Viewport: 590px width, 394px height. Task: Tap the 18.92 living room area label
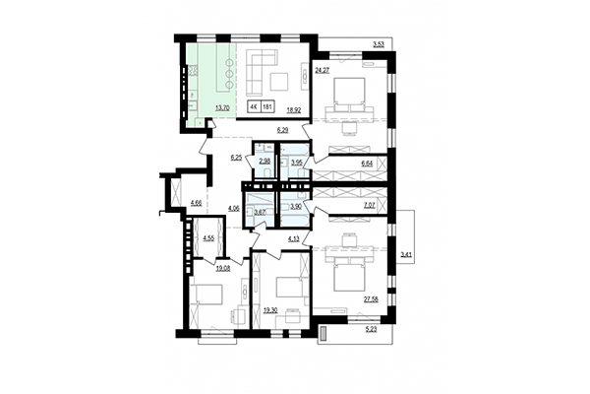tap(292, 111)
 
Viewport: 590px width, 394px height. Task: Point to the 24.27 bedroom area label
tap(322, 71)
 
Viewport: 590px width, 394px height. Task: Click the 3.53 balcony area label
tap(378, 43)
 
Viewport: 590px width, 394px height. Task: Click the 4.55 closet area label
tap(209, 238)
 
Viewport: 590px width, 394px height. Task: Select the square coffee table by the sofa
tap(282, 78)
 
